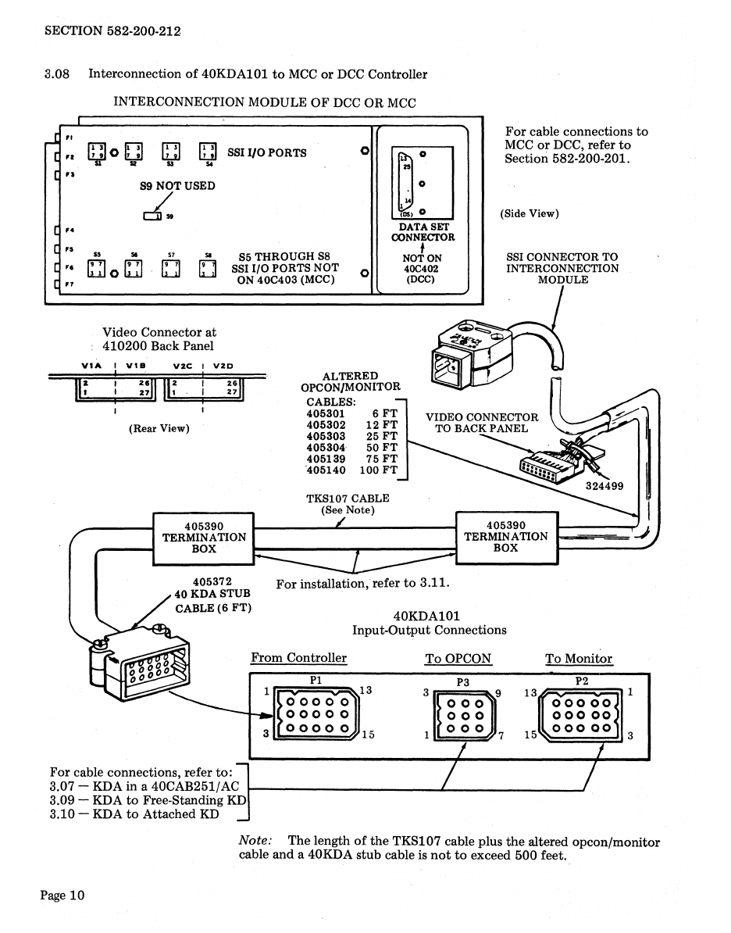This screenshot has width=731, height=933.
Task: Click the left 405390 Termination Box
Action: coord(204,538)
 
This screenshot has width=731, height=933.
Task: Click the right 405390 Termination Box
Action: coord(506,537)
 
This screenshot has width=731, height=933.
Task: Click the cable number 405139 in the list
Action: coord(326,459)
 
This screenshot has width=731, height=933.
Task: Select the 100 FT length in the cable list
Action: coord(379,471)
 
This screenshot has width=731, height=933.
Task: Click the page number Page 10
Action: coord(62,895)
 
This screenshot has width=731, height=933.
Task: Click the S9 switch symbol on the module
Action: coord(153,216)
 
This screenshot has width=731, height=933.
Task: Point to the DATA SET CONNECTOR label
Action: coord(423,231)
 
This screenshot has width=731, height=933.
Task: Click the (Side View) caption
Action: coord(530,213)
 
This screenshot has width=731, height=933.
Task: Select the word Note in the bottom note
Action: coord(255,842)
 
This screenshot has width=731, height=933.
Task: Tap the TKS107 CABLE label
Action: coord(348,498)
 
